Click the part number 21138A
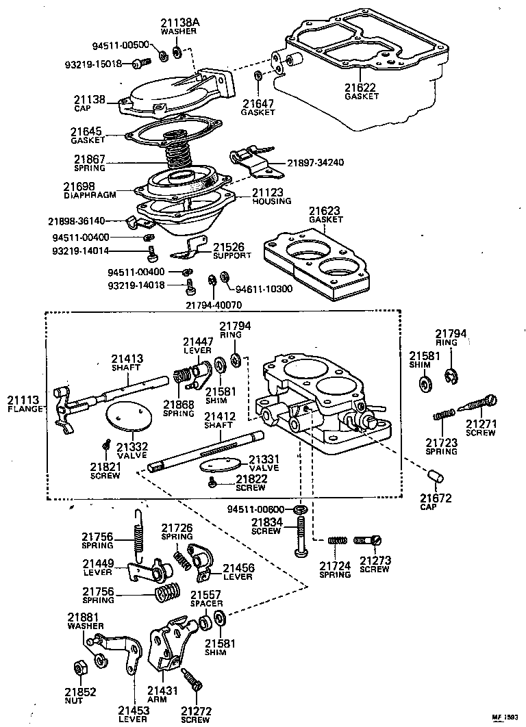click(180, 23)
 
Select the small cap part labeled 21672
click(433, 476)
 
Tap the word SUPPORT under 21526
click(231, 255)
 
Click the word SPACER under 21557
click(206, 604)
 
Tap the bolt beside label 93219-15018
click(141, 64)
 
